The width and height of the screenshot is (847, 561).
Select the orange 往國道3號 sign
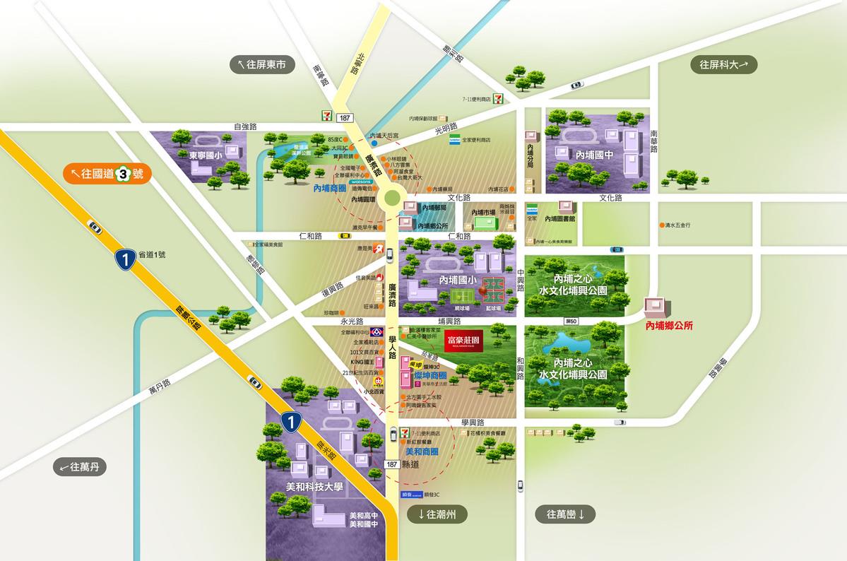click(106, 173)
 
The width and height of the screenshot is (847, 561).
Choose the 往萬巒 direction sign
click(566, 514)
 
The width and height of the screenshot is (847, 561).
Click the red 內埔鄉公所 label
click(670, 326)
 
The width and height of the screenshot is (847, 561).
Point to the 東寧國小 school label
click(206, 154)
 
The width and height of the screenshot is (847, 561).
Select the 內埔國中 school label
click(594, 154)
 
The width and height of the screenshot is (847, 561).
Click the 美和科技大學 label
click(314, 487)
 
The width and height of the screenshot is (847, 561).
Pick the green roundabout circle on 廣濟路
click(390, 199)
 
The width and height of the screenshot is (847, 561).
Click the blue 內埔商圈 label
click(329, 189)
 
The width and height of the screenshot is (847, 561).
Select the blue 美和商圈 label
click(422, 450)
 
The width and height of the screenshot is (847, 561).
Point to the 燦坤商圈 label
click(428, 374)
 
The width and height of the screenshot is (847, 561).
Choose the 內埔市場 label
click(485, 212)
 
